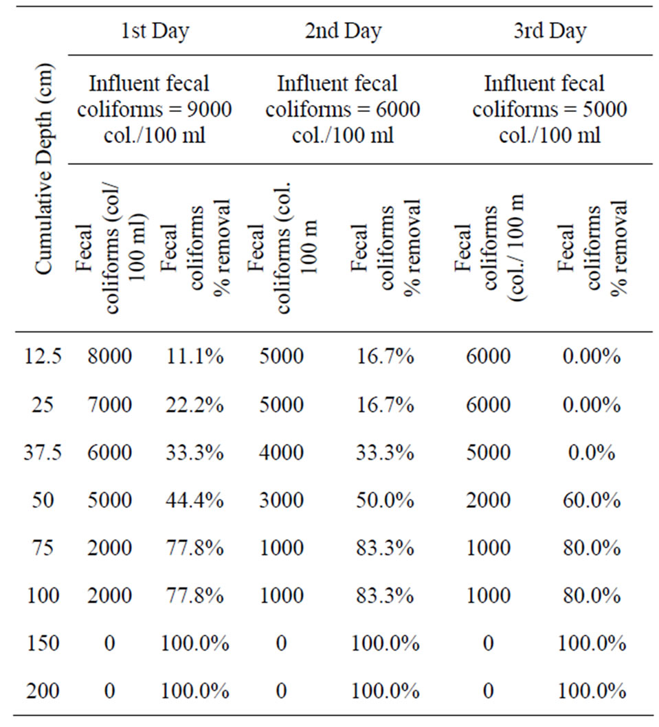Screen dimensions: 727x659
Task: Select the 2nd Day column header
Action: coord(343,32)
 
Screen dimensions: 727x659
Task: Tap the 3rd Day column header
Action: coord(549,32)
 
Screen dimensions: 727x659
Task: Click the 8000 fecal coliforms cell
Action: coord(109,356)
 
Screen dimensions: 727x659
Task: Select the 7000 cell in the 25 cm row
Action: coord(109,404)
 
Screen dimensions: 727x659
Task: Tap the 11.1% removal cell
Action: coord(194,356)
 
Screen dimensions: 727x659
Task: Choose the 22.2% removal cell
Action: coord(194,404)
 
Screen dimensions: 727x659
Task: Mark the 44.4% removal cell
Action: coord(194,500)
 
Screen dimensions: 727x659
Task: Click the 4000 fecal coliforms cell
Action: coord(281,452)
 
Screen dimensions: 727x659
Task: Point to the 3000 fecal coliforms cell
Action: coord(281,500)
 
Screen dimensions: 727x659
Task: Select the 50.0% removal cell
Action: coord(385,500)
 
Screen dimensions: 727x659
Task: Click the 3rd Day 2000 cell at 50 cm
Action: coord(488,500)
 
